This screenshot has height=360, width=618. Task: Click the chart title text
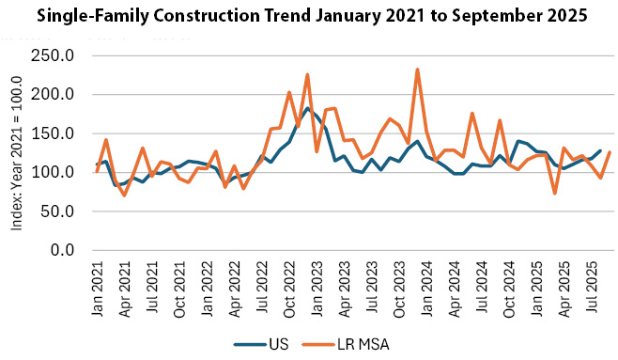pos(309,16)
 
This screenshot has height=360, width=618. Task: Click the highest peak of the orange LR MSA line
pos(417,70)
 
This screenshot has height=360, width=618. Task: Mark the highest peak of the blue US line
pos(307,108)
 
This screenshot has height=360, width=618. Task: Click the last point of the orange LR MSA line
pos(610,152)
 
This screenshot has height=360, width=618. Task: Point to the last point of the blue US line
pos(600,150)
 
